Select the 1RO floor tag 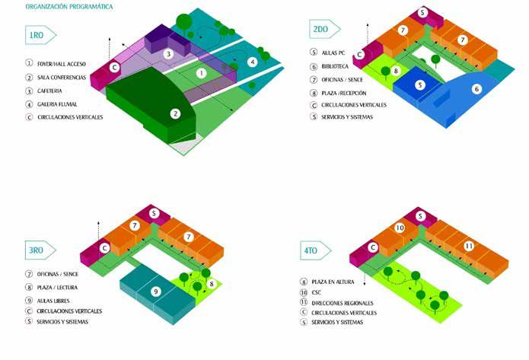pyautogui.click(x=39, y=36)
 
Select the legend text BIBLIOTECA pyautogui.click(x=335, y=65)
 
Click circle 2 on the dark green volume pyautogui.click(x=176, y=113)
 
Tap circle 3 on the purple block pyautogui.click(x=168, y=55)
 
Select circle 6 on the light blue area pyautogui.click(x=476, y=89)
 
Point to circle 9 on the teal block pyautogui.click(x=155, y=291)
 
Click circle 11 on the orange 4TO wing pyautogui.click(x=469, y=246)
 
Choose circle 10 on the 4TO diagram pyautogui.click(x=400, y=228)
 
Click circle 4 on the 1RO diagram pyautogui.click(x=253, y=62)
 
